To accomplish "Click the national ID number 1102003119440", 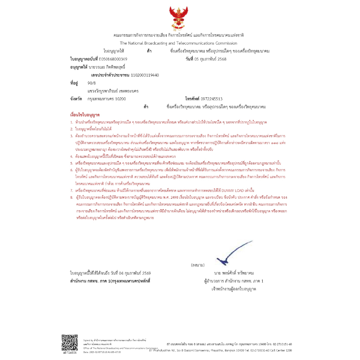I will tap(145, 75).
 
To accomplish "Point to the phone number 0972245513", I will tap(211, 99).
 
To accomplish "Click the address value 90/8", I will tap(91, 83).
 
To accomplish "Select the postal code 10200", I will tap(120, 99).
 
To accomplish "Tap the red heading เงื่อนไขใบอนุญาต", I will tap(85, 115).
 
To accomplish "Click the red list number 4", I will tap(71, 156).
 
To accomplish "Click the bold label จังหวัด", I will tap(76, 99).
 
